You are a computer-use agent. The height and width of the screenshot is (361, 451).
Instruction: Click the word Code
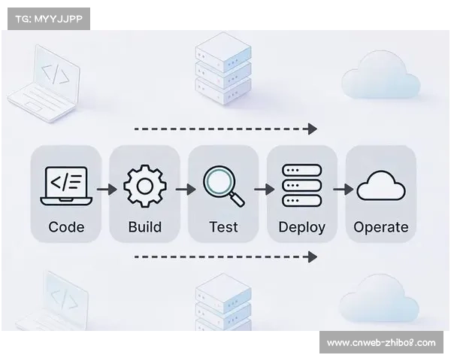66,226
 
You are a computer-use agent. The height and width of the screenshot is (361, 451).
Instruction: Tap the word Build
145,226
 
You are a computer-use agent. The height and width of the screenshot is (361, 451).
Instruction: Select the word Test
223,226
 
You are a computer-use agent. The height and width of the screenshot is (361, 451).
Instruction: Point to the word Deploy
302,226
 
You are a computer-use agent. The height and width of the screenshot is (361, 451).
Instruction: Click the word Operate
381,226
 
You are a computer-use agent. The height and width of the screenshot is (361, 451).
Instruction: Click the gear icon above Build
145,186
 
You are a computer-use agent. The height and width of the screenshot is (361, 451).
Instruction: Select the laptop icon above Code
66,186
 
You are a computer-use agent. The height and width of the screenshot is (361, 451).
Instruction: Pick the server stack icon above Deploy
301,186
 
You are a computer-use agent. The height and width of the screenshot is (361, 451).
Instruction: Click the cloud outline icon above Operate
381,186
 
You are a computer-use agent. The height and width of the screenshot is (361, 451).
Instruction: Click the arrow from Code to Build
106,189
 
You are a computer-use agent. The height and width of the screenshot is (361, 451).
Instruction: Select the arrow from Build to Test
185,189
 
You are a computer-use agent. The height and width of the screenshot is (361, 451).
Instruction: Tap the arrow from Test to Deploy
264,189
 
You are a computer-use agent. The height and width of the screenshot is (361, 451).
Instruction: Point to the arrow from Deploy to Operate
343,189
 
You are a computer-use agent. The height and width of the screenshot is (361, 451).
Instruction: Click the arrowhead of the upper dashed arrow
313,129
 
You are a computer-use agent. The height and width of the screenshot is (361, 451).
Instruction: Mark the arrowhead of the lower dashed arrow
313,256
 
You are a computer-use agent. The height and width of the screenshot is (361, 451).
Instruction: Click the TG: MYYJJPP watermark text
48,18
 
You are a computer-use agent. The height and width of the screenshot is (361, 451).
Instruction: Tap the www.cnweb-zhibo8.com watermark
381,343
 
